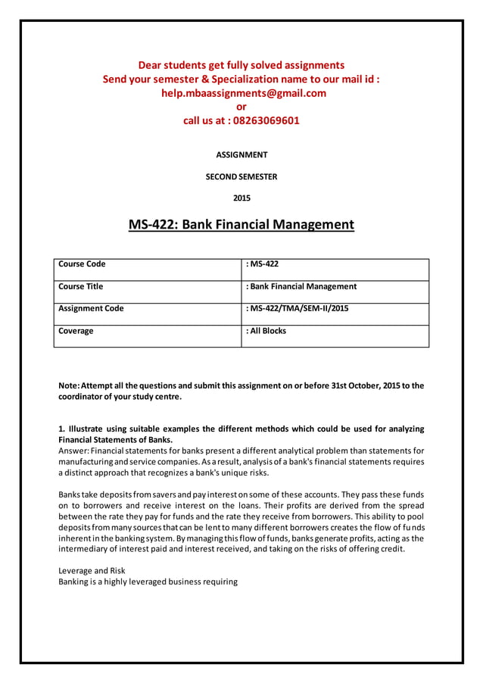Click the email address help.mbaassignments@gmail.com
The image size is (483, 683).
click(x=241, y=93)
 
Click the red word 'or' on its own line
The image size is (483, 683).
click(x=241, y=107)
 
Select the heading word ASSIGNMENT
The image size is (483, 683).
click(x=241, y=154)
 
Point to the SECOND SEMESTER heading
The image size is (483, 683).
click(x=241, y=176)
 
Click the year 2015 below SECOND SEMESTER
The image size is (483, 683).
click(x=241, y=198)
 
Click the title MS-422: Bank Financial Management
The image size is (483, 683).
click(x=241, y=225)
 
